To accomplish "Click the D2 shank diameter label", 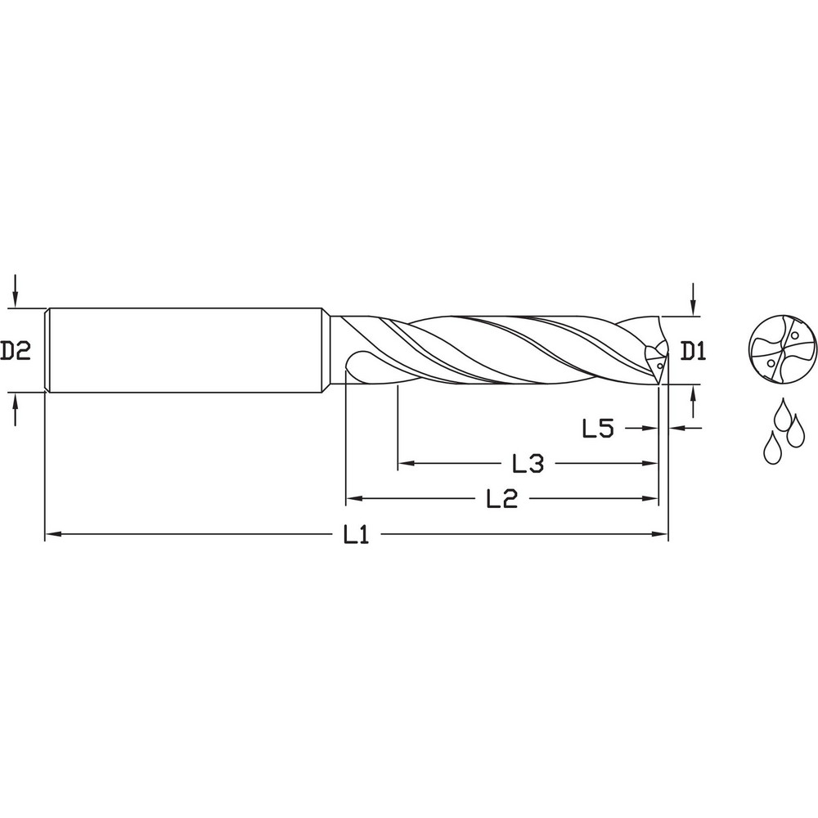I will (x=15, y=351).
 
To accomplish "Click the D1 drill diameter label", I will (x=693, y=352).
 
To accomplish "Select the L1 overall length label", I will (x=356, y=535).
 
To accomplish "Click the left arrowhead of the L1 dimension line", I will (x=51, y=535).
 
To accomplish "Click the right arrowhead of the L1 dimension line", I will (x=662, y=535).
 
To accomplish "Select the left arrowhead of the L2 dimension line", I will (x=353, y=499).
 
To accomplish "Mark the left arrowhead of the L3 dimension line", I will (x=404, y=464).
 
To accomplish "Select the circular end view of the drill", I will (x=783, y=351).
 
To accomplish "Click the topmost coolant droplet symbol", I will (x=783, y=411).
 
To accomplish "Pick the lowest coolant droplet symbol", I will (x=771, y=448).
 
